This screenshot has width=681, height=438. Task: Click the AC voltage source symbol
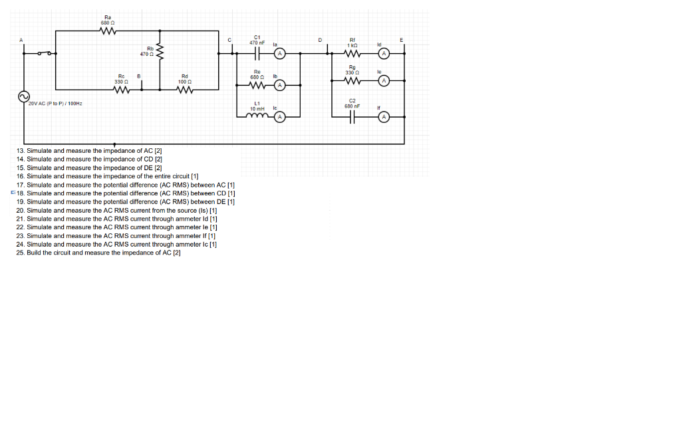[x=23, y=97]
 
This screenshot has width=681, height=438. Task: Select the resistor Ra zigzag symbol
[x=108, y=31]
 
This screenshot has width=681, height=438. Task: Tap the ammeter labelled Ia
[x=280, y=53]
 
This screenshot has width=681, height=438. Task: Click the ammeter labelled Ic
[x=280, y=117]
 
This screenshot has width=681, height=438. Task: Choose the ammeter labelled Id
[x=384, y=54]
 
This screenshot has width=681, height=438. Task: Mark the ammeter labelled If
[x=384, y=117]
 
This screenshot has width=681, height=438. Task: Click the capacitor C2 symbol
[x=352, y=117]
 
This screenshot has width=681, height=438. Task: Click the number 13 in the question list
[x=20, y=151]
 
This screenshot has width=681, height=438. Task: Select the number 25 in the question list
[x=20, y=253]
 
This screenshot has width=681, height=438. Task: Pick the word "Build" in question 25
[x=34, y=253]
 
